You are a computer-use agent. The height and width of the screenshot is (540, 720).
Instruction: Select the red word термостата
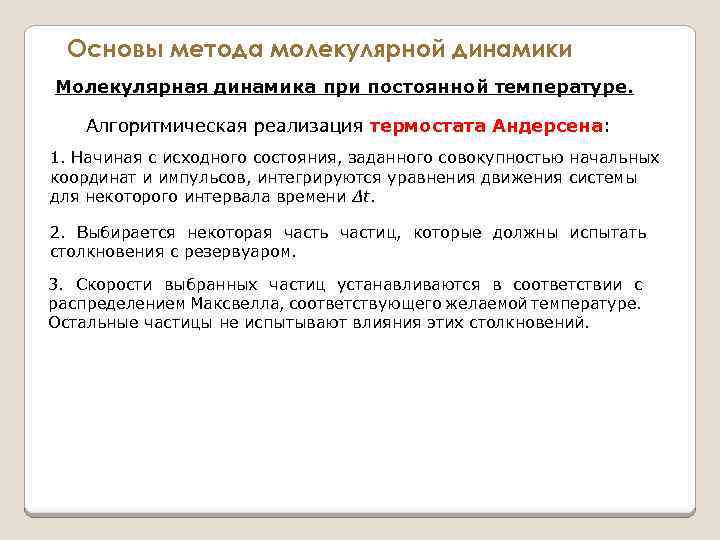(x=428, y=127)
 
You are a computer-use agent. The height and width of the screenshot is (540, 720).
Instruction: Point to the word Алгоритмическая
(x=158, y=127)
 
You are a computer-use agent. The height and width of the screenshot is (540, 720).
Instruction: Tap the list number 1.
(x=55, y=159)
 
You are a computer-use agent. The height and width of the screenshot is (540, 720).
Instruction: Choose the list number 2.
(x=55, y=233)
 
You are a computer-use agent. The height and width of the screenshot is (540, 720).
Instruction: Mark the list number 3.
(x=55, y=285)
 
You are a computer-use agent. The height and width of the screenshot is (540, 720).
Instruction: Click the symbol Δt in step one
(x=365, y=197)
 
